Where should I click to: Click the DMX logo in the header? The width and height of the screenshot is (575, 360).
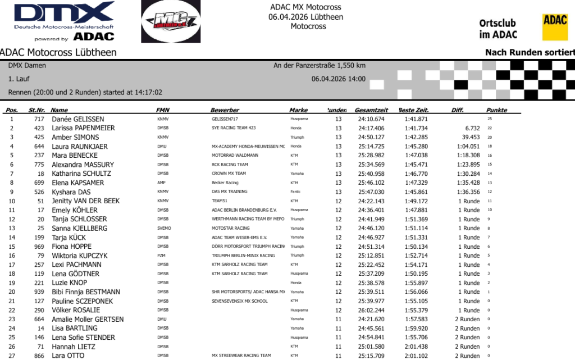click(64, 21)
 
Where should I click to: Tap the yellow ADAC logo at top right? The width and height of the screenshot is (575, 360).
click(555, 27)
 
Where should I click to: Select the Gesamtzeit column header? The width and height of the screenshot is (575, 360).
click(371, 110)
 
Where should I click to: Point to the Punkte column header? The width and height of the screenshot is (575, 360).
click(497, 110)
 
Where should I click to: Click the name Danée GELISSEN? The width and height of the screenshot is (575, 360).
click(77, 119)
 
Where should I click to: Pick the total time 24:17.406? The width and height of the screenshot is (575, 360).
click(371, 128)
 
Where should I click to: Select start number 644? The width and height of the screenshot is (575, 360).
click(39, 147)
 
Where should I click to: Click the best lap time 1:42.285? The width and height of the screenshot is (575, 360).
click(416, 137)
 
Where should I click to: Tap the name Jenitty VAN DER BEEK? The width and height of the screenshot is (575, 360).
click(85, 201)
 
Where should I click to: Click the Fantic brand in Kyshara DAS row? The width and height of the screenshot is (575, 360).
click(295, 192)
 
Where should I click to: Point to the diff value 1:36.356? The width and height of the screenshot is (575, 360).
click(468, 192)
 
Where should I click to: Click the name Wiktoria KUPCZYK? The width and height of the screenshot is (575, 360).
click(79, 256)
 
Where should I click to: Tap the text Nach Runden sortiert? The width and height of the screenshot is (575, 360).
click(530, 52)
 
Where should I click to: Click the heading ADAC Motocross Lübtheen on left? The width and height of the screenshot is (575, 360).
click(58, 52)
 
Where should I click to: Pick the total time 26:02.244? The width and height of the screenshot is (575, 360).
click(371, 310)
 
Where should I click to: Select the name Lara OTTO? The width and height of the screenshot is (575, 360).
click(68, 356)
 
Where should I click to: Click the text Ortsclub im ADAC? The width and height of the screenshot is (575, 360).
click(498, 29)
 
